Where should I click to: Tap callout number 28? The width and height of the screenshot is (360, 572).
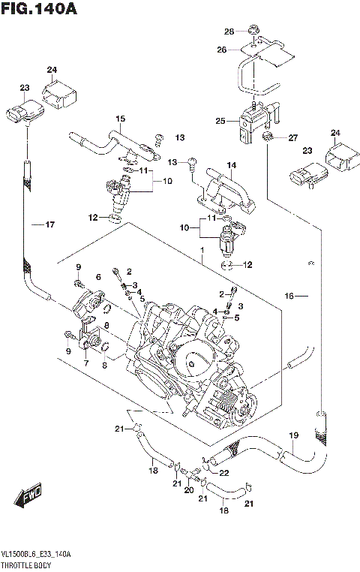coord(229,31)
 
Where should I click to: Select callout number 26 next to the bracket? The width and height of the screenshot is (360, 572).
coord(221,50)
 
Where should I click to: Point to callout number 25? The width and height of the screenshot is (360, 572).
coord(220,120)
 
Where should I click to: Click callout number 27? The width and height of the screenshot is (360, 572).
coord(293,137)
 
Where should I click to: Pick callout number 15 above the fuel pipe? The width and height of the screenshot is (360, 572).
coord(119,119)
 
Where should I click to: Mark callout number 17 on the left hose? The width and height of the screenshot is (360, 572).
coord(49,224)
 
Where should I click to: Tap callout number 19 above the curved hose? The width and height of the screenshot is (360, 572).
coord(294,435)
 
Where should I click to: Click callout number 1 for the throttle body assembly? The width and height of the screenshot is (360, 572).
coord(201,251)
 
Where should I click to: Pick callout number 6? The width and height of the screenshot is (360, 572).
coord(97,277)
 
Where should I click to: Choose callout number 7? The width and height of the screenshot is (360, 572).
coord(85,363)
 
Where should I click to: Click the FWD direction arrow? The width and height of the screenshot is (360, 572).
coord(27,498)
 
